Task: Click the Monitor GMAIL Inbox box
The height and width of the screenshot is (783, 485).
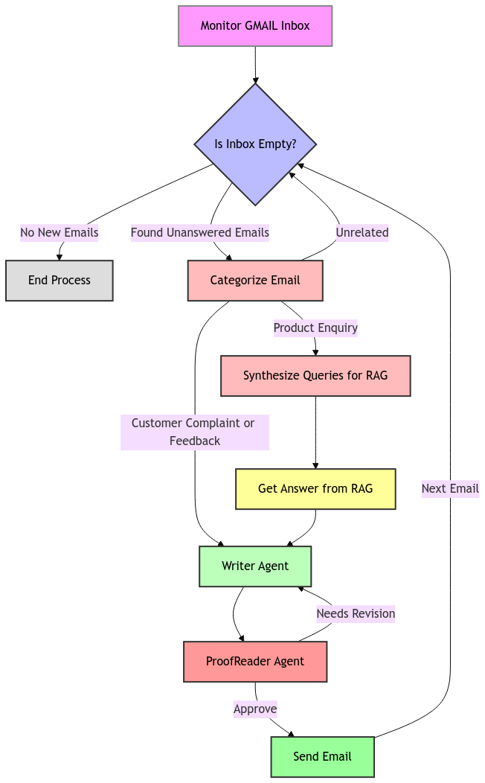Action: pos(255,26)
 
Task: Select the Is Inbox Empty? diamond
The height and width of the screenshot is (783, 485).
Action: pos(255,144)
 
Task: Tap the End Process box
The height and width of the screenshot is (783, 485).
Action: pos(60,281)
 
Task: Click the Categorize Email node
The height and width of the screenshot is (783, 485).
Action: pos(255,281)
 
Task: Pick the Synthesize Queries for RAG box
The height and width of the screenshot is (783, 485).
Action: pos(315,376)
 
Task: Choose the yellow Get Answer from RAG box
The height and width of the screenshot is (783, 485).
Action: pos(315,489)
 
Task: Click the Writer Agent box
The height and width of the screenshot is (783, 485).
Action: pos(255,566)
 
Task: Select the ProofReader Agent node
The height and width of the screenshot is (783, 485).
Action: pos(255,662)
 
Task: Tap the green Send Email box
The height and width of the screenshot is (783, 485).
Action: pos(322,757)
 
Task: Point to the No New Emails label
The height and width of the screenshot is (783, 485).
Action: pos(60,233)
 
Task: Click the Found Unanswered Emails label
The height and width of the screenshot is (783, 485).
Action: pos(200,233)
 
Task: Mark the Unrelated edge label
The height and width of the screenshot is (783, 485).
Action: pos(362,233)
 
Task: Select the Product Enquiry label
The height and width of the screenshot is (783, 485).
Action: pos(315,328)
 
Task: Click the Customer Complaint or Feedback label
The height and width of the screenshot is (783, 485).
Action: pos(194,432)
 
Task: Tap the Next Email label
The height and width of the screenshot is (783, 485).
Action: pos(450,489)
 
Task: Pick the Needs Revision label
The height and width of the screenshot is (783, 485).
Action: pos(356,614)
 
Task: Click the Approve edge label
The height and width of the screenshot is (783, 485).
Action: pos(255,709)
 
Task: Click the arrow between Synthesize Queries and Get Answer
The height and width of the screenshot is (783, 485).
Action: pos(315,432)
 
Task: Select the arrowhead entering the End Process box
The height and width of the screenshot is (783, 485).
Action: pos(60,257)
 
